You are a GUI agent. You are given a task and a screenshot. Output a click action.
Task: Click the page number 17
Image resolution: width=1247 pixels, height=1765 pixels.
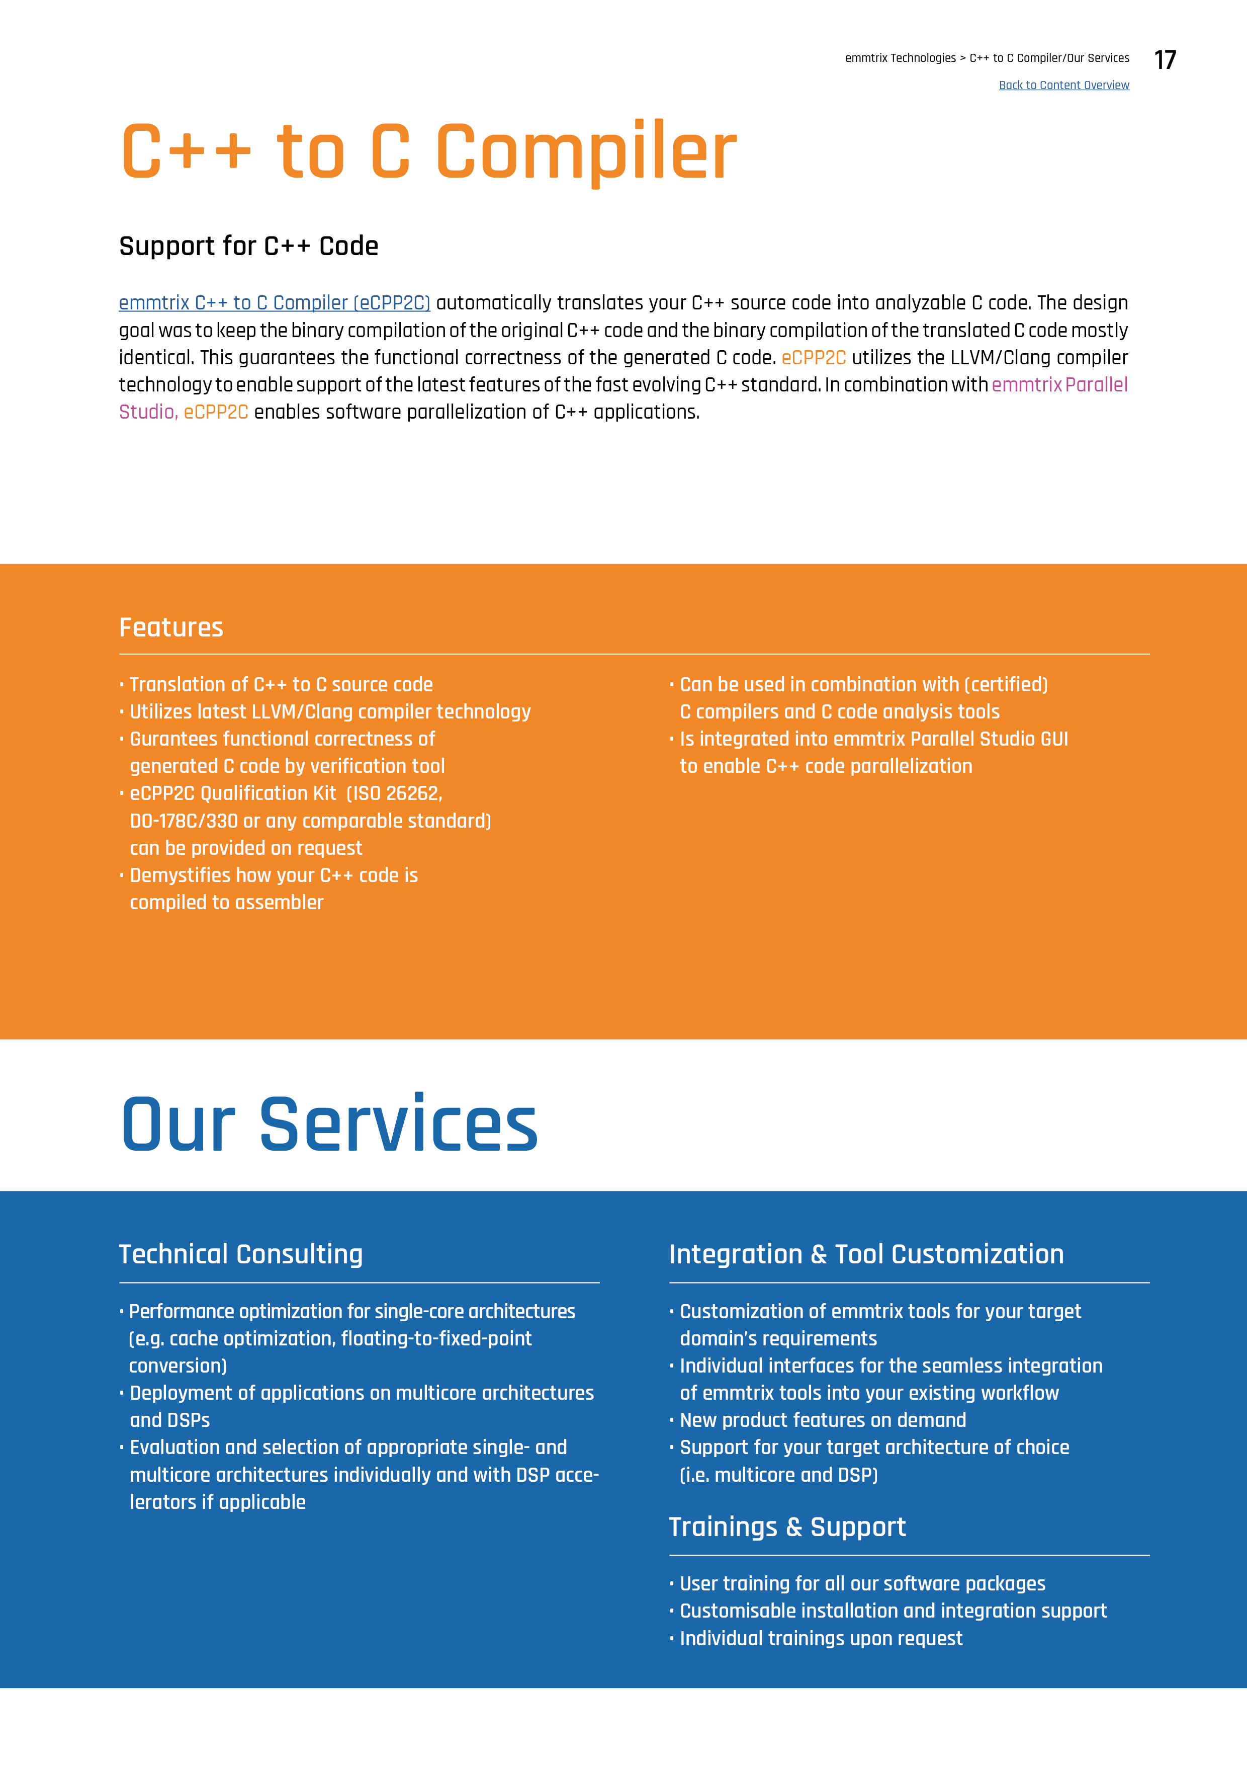tap(1165, 60)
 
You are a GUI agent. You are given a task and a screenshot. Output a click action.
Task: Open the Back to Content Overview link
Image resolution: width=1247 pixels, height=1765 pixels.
tap(1063, 86)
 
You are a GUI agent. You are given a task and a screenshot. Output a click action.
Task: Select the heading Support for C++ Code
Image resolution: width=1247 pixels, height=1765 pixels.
tap(248, 246)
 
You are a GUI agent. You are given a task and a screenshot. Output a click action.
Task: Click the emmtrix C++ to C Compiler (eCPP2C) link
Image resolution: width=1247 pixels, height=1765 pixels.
tap(275, 303)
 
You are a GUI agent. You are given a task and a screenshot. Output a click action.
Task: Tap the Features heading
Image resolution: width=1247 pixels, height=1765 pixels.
tap(170, 627)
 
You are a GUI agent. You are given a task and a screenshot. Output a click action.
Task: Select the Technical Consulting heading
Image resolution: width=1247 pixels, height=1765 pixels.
tap(240, 1254)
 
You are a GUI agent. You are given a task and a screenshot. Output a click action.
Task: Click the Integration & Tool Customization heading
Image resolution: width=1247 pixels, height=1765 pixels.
tap(866, 1254)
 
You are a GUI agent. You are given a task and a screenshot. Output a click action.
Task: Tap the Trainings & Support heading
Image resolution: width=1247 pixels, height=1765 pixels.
tap(787, 1527)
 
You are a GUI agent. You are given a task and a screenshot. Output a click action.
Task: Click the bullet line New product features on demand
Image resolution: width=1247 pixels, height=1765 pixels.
tap(822, 1420)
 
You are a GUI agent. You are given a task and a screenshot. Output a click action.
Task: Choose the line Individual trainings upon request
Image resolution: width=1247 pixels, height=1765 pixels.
tap(821, 1638)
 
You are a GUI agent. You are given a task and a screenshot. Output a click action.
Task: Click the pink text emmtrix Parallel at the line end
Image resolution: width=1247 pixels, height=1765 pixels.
tap(1059, 384)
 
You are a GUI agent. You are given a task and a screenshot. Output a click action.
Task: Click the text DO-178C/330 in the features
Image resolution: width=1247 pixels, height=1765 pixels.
tap(184, 821)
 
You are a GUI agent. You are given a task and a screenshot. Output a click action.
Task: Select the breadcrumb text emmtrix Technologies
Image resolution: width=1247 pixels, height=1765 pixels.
tap(900, 58)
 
